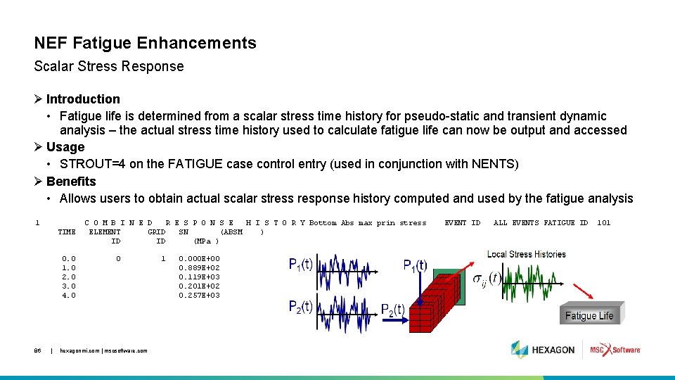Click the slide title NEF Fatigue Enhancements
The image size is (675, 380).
[x=145, y=43]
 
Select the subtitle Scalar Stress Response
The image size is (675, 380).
[x=109, y=67]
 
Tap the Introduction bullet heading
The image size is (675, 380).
[x=83, y=99]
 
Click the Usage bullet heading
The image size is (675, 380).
[x=65, y=147]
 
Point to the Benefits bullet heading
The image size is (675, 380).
[x=71, y=181]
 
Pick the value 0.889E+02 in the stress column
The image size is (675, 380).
[x=199, y=268]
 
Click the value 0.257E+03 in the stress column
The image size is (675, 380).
[x=199, y=296]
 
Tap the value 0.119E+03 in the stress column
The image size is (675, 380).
[x=199, y=277]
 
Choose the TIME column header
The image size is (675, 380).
[x=67, y=232]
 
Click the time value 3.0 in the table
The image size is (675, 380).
[x=68, y=286]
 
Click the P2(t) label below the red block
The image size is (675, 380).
[x=392, y=310]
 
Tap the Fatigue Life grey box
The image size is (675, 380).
[x=589, y=316]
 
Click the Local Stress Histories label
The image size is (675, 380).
[x=526, y=254]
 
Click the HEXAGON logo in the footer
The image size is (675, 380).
[x=543, y=350]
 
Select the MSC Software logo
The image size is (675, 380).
[x=615, y=350]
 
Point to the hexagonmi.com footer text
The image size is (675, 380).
[x=103, y=350]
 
